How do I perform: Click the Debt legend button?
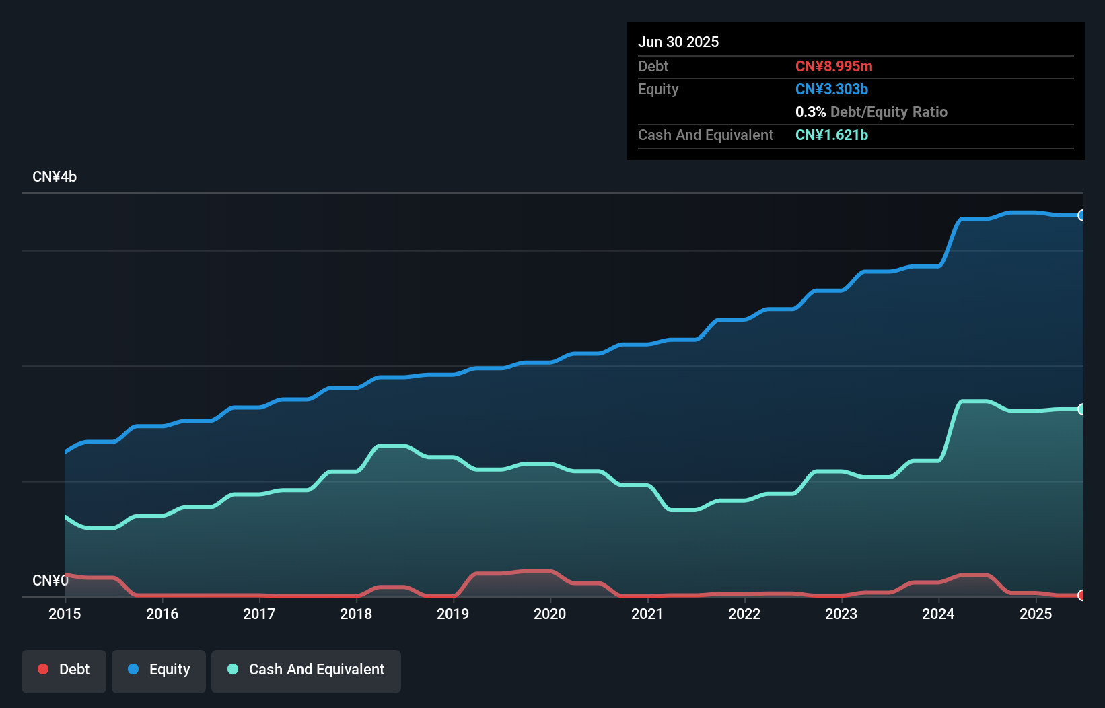[64, 670]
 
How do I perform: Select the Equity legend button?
[159, 670]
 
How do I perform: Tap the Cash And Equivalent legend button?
[306, 670]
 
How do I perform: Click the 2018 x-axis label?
[356, 614]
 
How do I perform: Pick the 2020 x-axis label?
[550, 614]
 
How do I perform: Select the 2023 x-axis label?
[841, 614]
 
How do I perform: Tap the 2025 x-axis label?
[1036, 614]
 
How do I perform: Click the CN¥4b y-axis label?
[55, 177]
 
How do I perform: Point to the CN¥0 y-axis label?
[50, 580]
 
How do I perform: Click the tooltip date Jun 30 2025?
[678, 42]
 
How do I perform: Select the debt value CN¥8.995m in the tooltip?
[834, 66]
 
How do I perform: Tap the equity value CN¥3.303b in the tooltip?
[832, 89]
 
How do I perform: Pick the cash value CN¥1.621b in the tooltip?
[832, 135]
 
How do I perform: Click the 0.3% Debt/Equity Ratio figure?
[871, 112]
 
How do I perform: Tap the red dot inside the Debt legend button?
[43, 669]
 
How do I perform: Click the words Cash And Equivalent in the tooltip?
[705, 135]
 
